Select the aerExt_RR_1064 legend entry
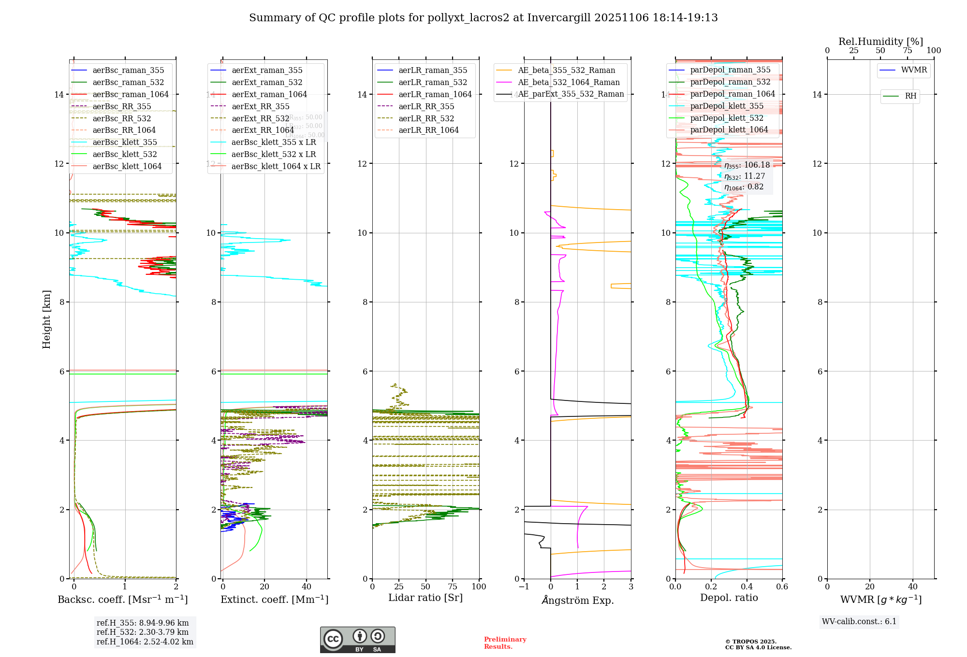(263, 130)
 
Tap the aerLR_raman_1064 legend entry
(435, 94)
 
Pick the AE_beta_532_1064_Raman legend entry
(569, 82)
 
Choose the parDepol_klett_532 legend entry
(727, 118)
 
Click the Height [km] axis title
(46, 319)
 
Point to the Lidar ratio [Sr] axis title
(425, 598)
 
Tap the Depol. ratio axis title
(729, 598)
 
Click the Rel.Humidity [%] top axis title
(880, 42)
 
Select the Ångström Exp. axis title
(577, 600)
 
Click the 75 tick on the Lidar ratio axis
(453, 587)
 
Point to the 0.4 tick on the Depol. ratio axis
(747, 587)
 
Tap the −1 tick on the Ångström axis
(524, 587)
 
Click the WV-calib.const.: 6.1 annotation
(859, 622)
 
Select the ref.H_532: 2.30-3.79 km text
(143, 632)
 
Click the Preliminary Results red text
(505, 643)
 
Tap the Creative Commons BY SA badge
(357, 640)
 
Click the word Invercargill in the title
(559, 18)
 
